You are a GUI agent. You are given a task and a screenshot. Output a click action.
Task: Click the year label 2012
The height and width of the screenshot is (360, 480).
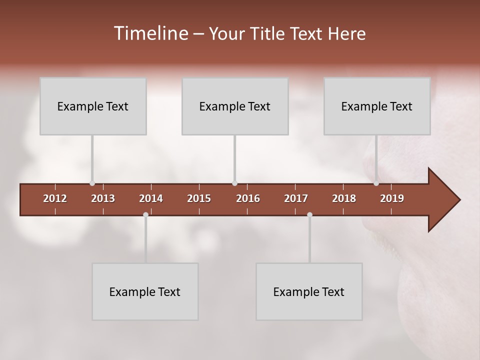(x=55, y=198)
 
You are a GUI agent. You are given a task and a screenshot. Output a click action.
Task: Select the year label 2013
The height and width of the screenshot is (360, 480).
(x=103, y=198)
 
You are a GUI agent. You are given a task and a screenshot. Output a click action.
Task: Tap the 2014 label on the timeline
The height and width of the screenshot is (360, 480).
(x=151, y=198)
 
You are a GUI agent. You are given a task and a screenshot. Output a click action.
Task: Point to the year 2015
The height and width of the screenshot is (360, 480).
(x=199, y=198)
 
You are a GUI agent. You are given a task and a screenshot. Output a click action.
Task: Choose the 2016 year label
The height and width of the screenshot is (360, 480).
(x=248, y=198)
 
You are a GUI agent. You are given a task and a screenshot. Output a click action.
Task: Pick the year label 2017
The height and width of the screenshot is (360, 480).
(x=296, y=198)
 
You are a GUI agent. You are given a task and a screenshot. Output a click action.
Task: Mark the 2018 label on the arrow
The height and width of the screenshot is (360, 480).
(x=344, y=198)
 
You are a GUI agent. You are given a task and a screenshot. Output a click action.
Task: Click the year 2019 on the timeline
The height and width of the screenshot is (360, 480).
(x=392, y=198)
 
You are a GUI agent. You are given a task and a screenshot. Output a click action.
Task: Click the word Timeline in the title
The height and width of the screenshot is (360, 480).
(x=150, y=33)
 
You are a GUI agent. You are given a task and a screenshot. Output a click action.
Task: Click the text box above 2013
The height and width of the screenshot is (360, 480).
(x=93, y=106)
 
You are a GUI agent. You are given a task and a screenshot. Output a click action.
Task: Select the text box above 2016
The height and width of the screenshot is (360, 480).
(x=235, y=106)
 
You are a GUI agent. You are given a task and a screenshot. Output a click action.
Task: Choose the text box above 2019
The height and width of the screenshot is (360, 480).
(x=377, y=106)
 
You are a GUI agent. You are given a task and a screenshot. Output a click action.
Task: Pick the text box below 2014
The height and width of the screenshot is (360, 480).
(x=145, y=291)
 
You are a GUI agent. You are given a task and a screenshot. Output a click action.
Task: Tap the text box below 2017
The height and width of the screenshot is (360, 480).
(x=309, y=291)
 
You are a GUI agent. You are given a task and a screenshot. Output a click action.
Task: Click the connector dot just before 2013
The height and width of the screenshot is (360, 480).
(x=92, y=183)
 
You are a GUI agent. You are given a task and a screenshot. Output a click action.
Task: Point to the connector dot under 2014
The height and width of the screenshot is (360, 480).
(x=145, y=215)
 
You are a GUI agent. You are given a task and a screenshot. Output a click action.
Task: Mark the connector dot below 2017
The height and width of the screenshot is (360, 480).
(x=309, y=215)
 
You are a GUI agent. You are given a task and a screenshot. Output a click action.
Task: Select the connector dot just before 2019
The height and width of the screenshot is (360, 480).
(x=376, y=183)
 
